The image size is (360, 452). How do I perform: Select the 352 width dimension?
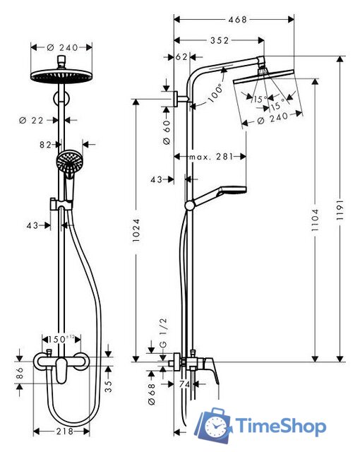point(219,40)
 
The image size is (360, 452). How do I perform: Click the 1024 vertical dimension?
point(136,230)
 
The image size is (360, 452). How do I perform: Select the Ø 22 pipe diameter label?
point(33,121)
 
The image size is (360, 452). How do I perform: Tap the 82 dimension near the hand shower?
point(46,144)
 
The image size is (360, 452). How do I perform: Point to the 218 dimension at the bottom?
point(64,431)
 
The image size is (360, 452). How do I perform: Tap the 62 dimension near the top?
point(181,56)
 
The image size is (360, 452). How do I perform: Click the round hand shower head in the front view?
point(68,162)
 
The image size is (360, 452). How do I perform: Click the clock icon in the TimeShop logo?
point(215,426)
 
